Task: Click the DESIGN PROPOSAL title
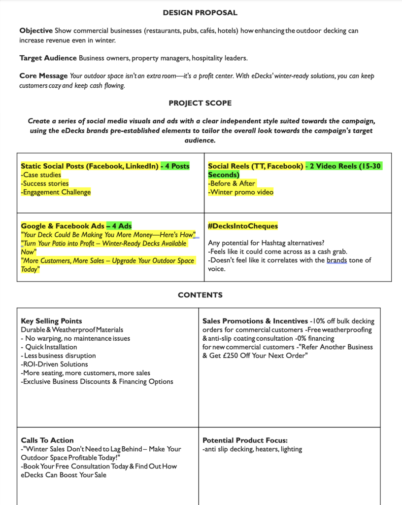(x=200, y=13)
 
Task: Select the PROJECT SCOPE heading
(x=200, y=103)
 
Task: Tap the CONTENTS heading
(x=200, y=295)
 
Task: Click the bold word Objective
(x=36, y=31)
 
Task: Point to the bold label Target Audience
(x=48, y=58)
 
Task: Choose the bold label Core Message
(x=43, y=76)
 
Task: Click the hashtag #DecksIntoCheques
(x=243, y=226)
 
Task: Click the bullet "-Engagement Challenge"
(x=56, y=192)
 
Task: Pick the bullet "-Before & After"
(x=232, y=183)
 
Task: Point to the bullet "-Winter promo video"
(x=240, y=192)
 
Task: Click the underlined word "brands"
(x=336, y=260)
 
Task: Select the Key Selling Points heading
(x=51, y=321)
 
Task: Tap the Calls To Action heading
(x=47, y=440)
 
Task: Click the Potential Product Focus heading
(x=245, y=440)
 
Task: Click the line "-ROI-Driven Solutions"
(x=54, y=364)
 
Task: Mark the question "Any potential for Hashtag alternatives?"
(x=267, y=243)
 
